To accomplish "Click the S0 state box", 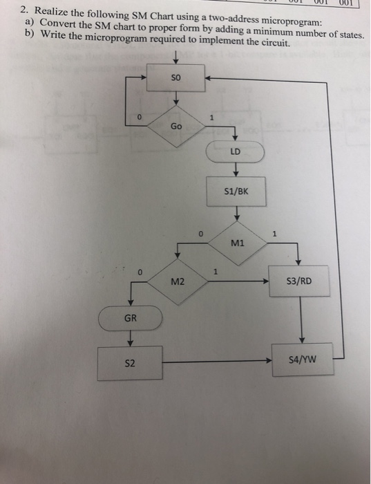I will [178, 80].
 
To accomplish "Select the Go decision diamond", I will [177, 126].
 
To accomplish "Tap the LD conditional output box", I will [236, 151].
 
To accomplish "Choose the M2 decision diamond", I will [178, 281].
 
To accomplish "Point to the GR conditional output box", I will [130, 319].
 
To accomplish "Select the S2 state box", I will [130, 362].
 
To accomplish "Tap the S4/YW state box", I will [301, 360].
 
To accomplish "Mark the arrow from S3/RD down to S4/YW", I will [301, 320].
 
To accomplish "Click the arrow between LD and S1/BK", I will [236, 170].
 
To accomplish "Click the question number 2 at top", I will [23, 10].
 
